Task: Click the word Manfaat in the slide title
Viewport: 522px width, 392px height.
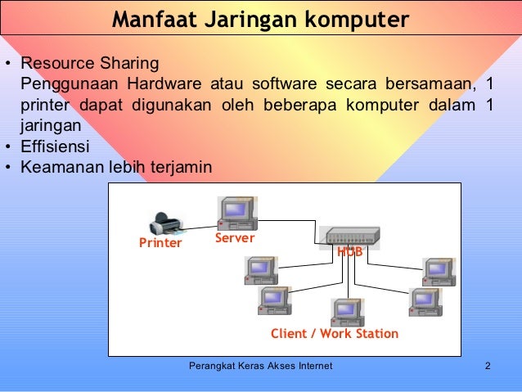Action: (152, 19)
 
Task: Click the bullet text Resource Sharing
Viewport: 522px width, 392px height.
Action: (90, 63)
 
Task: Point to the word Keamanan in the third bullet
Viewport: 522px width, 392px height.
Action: (57, 168)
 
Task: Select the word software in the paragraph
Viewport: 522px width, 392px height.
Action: (282, 84)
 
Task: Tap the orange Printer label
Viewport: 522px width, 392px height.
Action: (160, 243)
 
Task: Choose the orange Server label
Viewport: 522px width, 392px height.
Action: (235, 238)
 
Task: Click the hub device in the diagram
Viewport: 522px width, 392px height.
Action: (353, 236)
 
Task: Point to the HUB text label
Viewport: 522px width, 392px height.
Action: (350, 252)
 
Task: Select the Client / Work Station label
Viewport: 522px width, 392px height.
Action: (335, 334)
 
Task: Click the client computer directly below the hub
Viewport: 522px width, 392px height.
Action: (347, 312)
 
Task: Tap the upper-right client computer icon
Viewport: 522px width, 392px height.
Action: (439, 272)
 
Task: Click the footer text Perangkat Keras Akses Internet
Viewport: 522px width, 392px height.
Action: (260, 366)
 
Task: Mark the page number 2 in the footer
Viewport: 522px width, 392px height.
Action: (487, 366)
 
